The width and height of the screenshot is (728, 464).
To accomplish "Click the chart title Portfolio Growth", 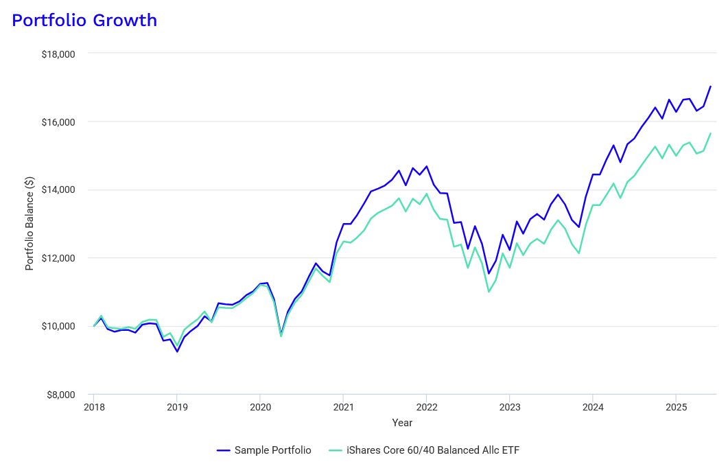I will tap(84, 21).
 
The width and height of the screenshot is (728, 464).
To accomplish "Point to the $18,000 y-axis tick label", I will tap(58, 54).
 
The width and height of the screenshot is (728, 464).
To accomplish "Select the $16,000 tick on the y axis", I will tap(58, 122).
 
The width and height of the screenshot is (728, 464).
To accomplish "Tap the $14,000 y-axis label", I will tap(58, 190).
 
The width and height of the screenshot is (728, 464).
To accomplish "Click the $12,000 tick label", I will tap(58, 258).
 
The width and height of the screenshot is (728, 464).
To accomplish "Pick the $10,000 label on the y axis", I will tap(58, 326).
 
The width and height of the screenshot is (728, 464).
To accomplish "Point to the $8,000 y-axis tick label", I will tap(60, 395).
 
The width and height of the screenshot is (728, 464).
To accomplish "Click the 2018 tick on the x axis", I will tap(94, 406).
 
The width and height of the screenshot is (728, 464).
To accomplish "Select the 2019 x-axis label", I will tap(177, 406).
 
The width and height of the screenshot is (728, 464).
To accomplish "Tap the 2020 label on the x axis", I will tap(260, 406).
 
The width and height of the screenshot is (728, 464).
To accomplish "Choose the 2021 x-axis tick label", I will tap(343, 406).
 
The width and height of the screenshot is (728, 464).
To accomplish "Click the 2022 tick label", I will tap(426, 406).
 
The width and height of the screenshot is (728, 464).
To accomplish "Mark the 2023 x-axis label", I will tap(510, 406).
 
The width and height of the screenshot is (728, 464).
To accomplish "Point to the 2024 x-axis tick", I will tap(593, 406).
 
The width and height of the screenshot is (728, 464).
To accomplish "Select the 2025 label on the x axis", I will tap(676, 406).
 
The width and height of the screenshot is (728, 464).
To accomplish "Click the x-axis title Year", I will tap(402, 423).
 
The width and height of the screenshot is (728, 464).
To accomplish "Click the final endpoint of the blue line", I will tap(710, 86).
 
